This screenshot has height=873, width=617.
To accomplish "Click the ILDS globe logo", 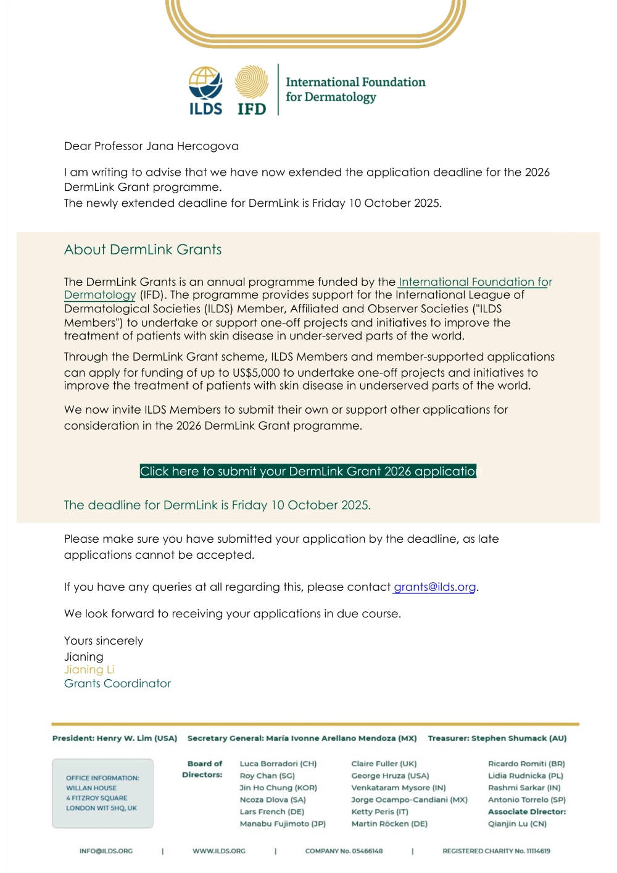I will coord(205,83).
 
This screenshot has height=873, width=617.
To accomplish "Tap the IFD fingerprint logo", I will coord(252,83).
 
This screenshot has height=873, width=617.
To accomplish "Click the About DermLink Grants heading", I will coord(143,249).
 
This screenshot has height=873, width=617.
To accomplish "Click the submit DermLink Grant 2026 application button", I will coord(308,471).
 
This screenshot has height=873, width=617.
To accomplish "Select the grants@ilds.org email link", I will coord(434,587).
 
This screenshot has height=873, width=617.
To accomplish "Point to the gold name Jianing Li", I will coord(89,670).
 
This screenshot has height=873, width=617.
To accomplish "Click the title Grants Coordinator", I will coord(117,683).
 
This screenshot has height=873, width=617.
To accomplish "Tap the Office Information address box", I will coord(102,793).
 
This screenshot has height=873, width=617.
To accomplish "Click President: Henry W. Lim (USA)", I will coord(115,738).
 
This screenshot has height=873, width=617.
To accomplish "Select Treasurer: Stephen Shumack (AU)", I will coord(497,738).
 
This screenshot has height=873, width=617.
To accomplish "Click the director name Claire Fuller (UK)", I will coord(384,764).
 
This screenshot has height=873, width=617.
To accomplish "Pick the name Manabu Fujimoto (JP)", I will coord(283,824).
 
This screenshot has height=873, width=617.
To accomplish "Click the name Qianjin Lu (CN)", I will coord(517,824).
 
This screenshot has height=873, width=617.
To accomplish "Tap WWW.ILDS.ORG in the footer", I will coord(219,851).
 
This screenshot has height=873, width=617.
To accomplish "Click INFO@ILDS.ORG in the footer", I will coord(106,851).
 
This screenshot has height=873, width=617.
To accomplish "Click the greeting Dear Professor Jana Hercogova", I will coord(151,146).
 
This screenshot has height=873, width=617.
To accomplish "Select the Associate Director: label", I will coord(527,812).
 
